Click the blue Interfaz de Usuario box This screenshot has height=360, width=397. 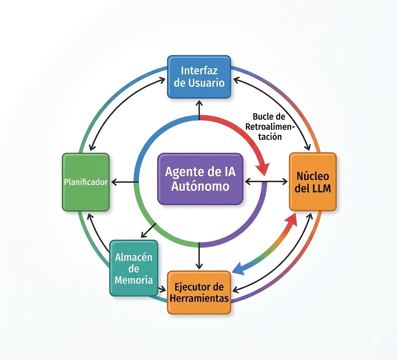pyautogui.click(x=199, y=77)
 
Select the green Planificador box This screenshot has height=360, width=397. pyautogui.click(x=86, y=182)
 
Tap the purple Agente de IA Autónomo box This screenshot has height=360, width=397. pyautogui.click(x=200, y=179)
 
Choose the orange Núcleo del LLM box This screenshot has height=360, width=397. pyautogui.click(x=313, y=181)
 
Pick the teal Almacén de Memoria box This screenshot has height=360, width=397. pyautogui.click(x=133, y=268)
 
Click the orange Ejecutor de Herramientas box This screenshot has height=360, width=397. pyautogui.click(x=199, y=292)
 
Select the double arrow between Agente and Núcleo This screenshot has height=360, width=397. pyautogui.click(x=266, y=181)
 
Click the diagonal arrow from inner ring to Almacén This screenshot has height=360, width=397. pyautogui.click(x=148, y=231)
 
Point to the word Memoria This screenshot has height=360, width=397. pyautogui.click(x=133, y=280)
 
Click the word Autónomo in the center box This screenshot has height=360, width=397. pyautogui.click(x=200, y=186)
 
